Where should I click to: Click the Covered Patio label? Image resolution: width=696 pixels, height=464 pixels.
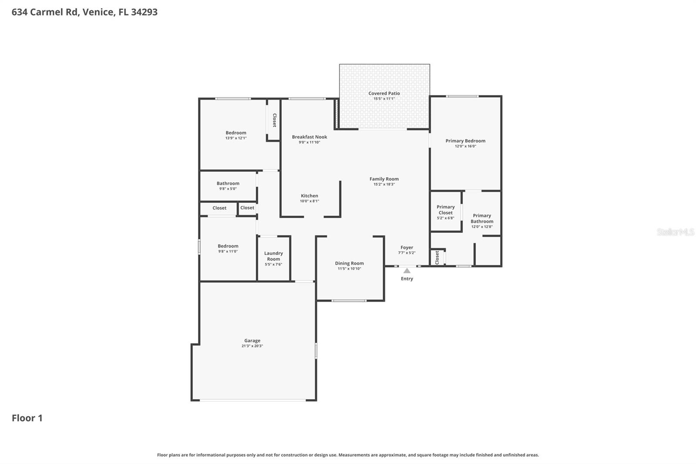click(x=384, y=93)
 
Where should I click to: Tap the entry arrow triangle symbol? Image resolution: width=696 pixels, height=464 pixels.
click(x=407, y=271)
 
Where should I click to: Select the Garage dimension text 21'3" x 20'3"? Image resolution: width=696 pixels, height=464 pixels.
click(x=252, y=346)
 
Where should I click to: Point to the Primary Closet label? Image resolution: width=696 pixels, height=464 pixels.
click(x=445, y=210)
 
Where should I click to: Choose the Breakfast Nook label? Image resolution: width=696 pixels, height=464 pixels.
click(x=309, y=137)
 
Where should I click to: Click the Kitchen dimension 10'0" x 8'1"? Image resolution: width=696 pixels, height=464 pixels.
click(x=309, y=201)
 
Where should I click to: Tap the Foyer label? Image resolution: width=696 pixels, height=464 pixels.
click(x=407, y=247)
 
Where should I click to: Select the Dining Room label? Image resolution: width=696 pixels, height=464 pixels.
click(x=349, y=263)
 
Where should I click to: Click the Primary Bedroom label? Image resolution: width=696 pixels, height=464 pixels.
click(x=465, y=141)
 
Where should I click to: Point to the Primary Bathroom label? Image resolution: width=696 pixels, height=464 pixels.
click(x=482, y=218)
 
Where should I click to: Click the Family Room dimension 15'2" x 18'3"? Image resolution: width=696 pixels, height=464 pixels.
click(x=384, y=184)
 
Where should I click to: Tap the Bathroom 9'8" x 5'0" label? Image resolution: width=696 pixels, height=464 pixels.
click(x=228, y=183)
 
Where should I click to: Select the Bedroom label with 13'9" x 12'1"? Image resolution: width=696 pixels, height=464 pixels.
click(x=236, y=133)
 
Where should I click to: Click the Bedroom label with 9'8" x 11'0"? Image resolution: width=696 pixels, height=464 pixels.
click(x=228, y=246)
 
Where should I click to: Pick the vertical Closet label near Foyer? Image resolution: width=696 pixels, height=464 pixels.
click(x=437, y=257)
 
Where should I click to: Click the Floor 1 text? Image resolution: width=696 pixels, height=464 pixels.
click(x=27, y=418)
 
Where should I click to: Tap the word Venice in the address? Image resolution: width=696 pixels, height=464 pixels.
click(x=98, y=12)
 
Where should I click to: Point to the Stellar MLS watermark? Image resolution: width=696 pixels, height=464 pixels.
click(x=675, y=232)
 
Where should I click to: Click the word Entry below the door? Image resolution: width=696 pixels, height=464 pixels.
click(x=407, y=279)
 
